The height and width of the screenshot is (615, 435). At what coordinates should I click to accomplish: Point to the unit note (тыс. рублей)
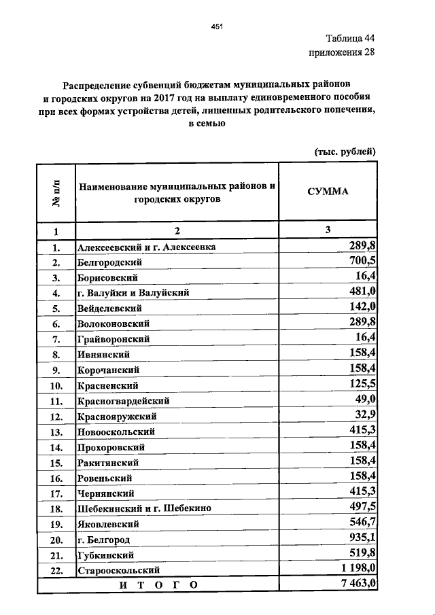(x=345, y=152)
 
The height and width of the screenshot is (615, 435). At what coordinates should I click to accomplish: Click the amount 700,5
(x=364, y=261)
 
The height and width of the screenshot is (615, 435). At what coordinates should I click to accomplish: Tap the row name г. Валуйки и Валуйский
(x=133, y=293)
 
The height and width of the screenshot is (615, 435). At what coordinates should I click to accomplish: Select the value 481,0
(x=364, y=292)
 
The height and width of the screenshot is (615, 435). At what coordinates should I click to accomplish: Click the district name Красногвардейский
(x=124, y=401)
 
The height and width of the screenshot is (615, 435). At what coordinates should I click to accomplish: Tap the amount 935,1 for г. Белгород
(x=364, y=539)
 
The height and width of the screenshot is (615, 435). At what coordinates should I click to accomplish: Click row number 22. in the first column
(x=56, y=571)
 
